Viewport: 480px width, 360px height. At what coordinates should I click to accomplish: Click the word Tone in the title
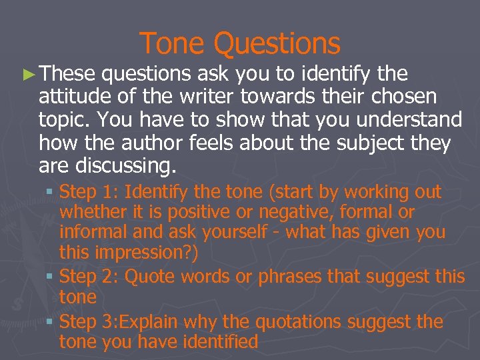click(172, 44)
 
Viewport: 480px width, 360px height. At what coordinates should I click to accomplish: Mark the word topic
click(62, 120)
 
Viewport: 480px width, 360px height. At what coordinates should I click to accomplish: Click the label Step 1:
click(89, 193)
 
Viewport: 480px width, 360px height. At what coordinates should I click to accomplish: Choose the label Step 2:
click(89, 277)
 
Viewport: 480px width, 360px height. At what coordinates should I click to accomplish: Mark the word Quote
click(147, 277)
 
